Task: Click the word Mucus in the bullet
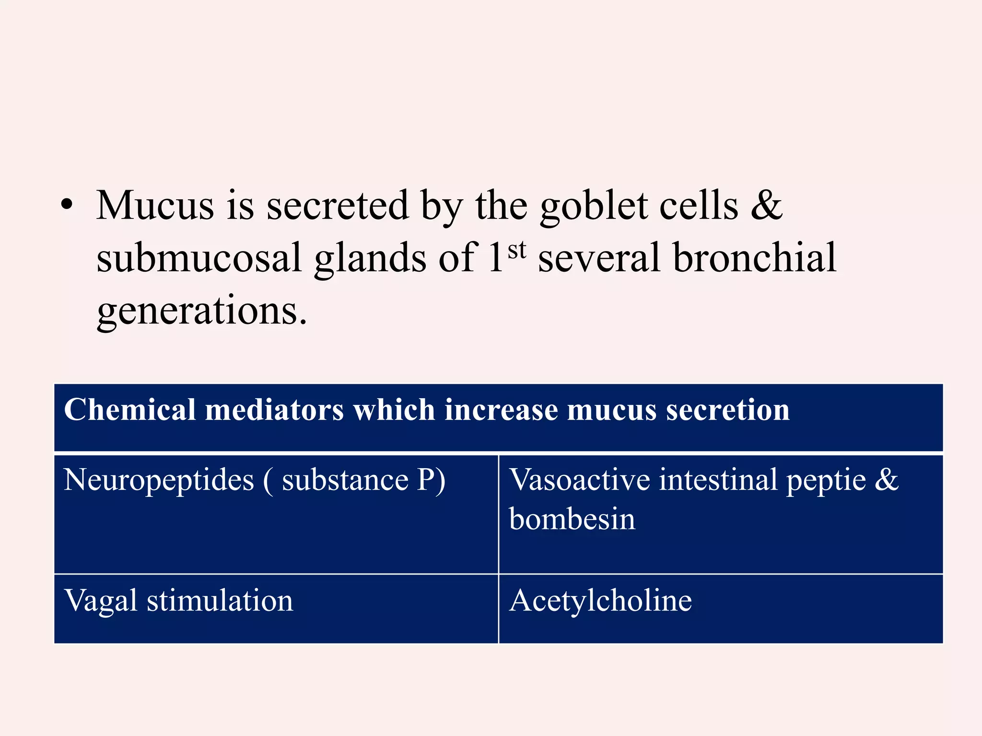pos(155,206)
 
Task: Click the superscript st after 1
pos(517,250)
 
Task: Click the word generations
pos(201,311)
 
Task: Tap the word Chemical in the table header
pos(130,410)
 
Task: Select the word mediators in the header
pos(274,410)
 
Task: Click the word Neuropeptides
pos(159,481)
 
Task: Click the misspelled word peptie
pos(826,481)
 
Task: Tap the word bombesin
pos(572,519)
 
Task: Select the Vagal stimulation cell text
pos(178,601)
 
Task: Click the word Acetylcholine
pos(600,601)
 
